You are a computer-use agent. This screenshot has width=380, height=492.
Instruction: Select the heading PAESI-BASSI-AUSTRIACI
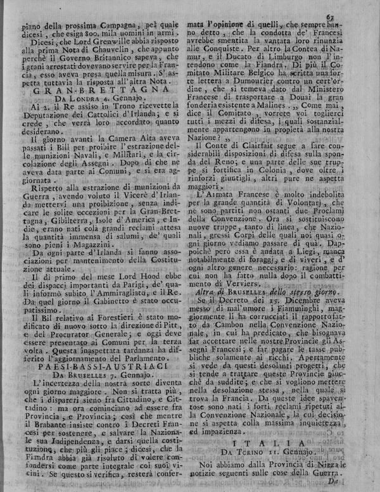pos(103,365)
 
